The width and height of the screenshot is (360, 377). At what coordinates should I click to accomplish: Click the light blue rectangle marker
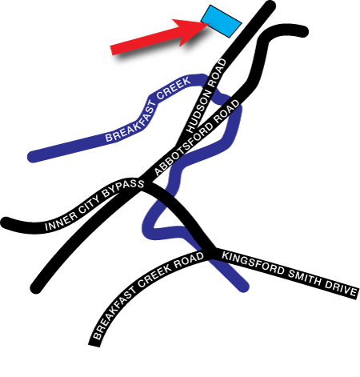tap(222, 21)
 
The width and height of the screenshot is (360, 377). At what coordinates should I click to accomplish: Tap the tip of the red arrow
tap(209, 23)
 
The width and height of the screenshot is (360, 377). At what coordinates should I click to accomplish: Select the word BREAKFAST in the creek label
tap(130, 122)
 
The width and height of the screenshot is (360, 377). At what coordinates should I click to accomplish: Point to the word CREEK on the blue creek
tap(174, 88)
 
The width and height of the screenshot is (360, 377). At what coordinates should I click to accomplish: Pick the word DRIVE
tap(341, 289)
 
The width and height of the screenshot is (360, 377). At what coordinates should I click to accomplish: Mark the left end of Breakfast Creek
tap(32, 157)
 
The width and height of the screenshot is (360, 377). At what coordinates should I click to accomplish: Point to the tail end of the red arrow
tap(111, 50)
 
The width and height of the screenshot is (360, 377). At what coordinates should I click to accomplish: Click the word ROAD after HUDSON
tap(217, 73)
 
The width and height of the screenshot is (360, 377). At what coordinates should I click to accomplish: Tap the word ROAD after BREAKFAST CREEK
tap(189, 261)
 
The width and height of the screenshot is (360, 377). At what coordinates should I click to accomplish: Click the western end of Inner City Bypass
tap(5, 223)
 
